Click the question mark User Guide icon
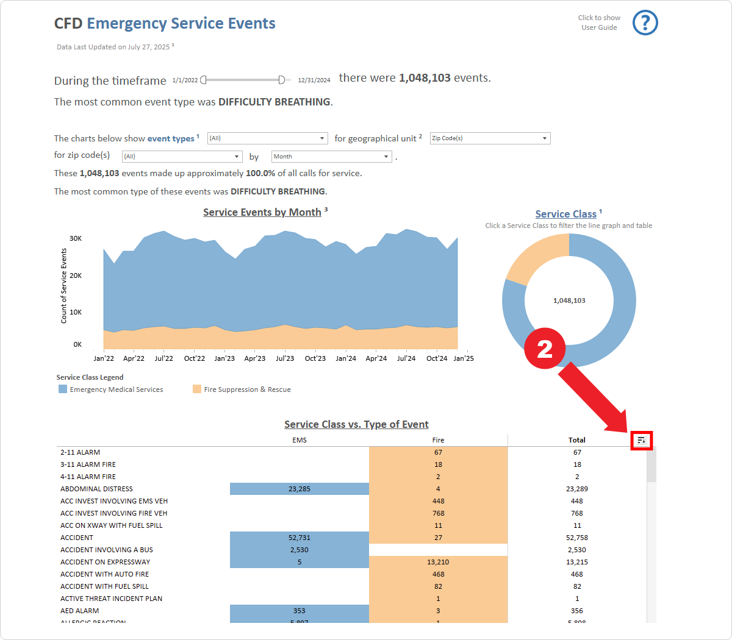tap(645, 23)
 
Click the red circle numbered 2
tap(545, 349)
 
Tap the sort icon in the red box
tap(641, 440)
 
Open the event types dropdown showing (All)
tap(268, 138)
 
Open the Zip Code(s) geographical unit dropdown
tap(490, 138)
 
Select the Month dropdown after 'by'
tap(331, 157)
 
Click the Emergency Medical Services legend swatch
tap(63, 389)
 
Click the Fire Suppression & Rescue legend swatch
tap(197, 389)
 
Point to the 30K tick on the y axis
tap(76, 238)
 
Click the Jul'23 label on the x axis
tap(285, 358)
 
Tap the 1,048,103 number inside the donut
tap(569, 300)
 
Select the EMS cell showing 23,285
tap(299, 489)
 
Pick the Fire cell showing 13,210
tap(438, 562)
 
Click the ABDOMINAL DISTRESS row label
tap(96, 489)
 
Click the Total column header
tap(576, 440)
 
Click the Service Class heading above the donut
tap(565, 214)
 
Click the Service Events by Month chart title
tap(262, 212)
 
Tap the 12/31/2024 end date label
tap(314, 80)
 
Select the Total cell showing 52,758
tap(576, 538)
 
